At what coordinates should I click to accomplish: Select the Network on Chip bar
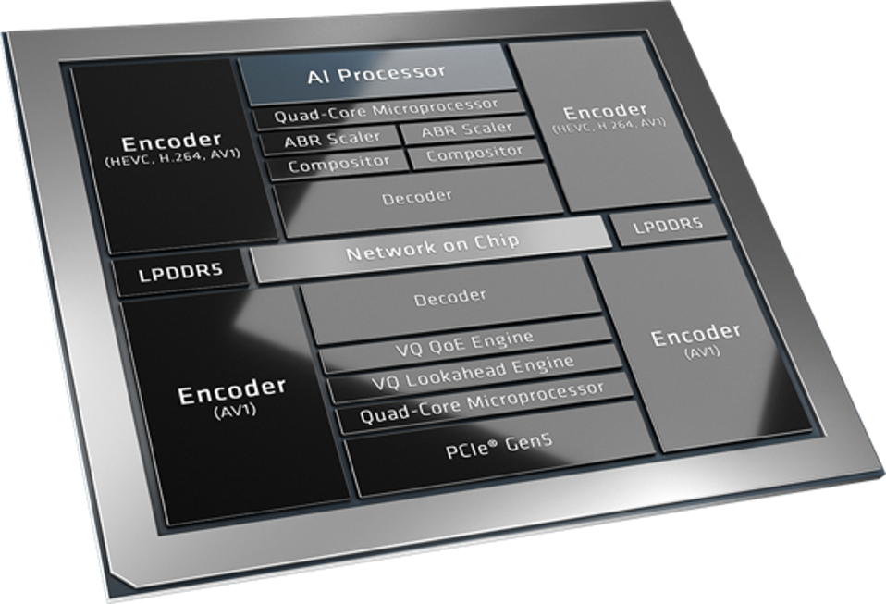[432, 248]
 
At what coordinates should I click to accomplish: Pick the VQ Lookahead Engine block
[474, 372]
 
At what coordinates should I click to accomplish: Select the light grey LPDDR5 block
[669, 226]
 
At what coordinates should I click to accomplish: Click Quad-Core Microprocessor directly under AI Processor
[387, 110]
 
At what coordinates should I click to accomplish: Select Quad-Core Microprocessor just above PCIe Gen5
[482, 403]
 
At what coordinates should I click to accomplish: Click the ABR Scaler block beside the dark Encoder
[332, 139]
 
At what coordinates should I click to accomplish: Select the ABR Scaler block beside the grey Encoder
[467, 129]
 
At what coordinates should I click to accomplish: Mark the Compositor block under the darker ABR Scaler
[338, 165]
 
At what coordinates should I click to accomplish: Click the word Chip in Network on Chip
[497, 241]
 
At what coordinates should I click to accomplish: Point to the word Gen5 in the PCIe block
[529, 442]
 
